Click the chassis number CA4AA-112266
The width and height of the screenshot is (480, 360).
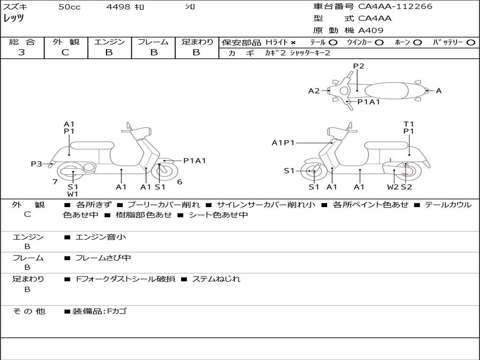click(x=395, y=7)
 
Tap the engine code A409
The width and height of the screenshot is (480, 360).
click(x=371, y=30)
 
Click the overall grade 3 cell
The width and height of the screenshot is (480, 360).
click(x=22, y=52)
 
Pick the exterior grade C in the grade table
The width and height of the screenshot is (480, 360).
click(x=65, y=52)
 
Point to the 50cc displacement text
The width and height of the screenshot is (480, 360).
click(x=69, y=7)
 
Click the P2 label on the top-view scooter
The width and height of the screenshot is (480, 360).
click(x=359, y=66)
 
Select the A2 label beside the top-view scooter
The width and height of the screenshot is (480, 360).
click(x=314, y=91)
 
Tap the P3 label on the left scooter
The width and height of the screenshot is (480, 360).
click(x=37, y=164)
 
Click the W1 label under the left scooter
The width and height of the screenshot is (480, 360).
click(x=73, y=194)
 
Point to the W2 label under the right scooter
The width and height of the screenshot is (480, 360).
click(x=393, y=187)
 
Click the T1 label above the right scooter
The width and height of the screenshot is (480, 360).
click(x=409, y=124)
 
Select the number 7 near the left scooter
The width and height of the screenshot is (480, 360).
click(x=55, y=182)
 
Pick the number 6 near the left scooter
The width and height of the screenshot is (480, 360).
click(x=180, y=182)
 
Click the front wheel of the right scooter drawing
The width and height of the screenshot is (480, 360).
click(x=314, y=172)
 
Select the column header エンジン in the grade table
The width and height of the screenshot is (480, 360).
click(x=109, y=42)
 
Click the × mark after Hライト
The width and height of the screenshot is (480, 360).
click(x=293, y=43)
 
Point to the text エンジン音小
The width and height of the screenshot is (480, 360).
click(x=101, y=237)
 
